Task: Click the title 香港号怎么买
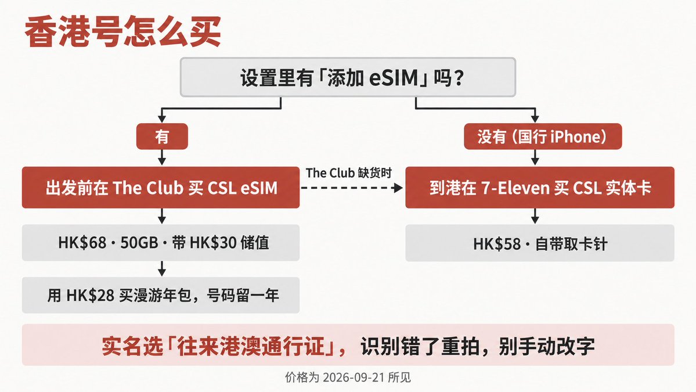click(123, 31)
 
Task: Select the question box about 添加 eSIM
click(348, 77)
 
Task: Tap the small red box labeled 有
click(162, 136)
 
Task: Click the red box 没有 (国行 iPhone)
click(542, 136)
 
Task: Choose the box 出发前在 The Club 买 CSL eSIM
click(161, 188)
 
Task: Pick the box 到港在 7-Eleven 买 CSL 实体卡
click(540, 188)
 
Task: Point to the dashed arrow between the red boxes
click(352, 188)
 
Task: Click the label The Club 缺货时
click(349, 172)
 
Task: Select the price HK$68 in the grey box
click(82, 243)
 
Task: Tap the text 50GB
click(139, 243)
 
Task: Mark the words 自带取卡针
click(571, 244)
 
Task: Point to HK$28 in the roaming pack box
click(91, 295)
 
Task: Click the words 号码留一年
click(243, 295)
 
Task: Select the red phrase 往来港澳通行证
click(251, 346)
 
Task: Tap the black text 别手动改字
click(546, 346)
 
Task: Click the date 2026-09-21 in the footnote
click(354, 377)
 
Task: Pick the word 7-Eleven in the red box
click(515, 188)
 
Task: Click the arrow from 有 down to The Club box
click(162, 157)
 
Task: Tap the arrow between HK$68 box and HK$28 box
click(162, 268)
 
